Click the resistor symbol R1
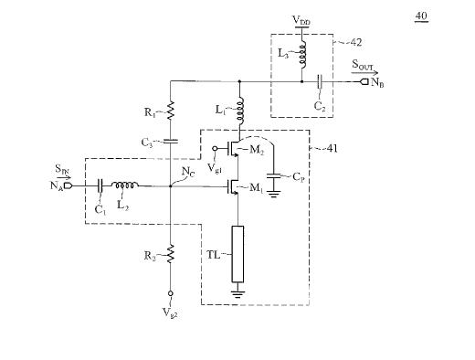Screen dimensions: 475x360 pos(170,111)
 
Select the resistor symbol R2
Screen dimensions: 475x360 pos(170,253)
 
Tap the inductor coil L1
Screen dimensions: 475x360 pos(240,111)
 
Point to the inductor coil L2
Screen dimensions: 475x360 pos(124,185)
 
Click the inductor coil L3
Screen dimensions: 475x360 pos(302,55)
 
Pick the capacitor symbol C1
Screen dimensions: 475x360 pos(100,185)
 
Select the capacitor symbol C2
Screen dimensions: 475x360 pos(320,81)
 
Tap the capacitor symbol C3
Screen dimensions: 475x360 pos(170,141)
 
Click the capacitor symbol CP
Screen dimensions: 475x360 pos(274,176)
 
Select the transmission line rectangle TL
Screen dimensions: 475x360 pos(237,254)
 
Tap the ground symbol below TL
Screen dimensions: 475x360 pos(237,293)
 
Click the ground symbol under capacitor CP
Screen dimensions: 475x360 pos(274,194)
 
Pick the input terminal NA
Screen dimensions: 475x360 pos(68,185)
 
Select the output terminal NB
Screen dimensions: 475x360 pos(364,81)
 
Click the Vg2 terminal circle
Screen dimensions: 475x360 pos(171,293)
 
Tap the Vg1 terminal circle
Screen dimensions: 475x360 pos(215,148)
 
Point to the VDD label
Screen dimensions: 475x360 pos(301,21)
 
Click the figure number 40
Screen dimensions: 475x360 pos(421,16)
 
